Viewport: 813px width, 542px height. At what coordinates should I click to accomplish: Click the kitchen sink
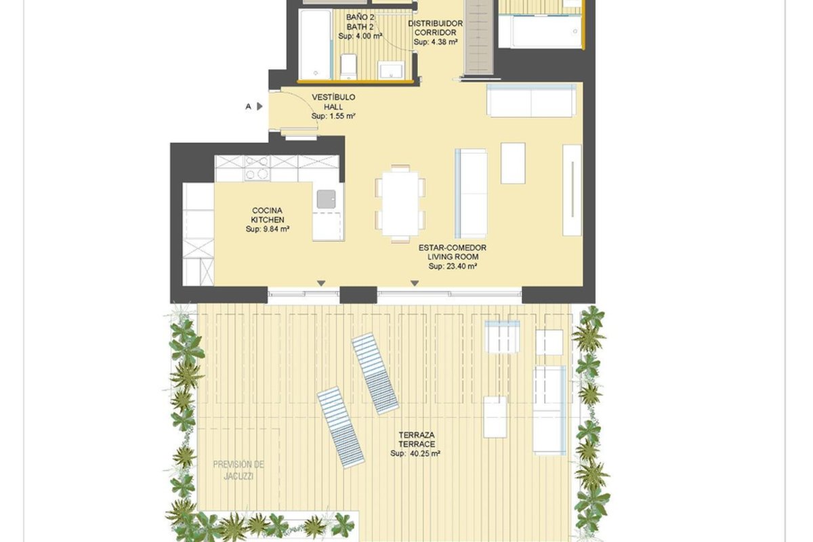(x=326, y=199)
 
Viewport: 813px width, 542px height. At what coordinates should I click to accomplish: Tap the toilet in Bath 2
(x=349, y=67)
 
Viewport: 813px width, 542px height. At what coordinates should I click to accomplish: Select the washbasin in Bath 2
(x=390, y=70)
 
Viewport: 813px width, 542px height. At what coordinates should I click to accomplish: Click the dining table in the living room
(x=400, y=204)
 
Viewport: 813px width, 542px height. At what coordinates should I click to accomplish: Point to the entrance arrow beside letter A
(x=259, y=106)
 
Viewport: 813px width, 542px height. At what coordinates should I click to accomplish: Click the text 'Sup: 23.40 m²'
(x=453, y=266)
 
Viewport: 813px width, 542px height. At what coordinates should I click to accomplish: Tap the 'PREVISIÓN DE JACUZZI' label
(x=238, y=470)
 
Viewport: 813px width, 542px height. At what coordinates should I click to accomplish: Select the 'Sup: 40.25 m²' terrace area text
(x=415, y=453)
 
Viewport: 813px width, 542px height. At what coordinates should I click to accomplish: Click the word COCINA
(x=267, y=211)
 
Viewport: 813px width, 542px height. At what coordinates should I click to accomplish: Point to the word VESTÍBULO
(x=333, y=98)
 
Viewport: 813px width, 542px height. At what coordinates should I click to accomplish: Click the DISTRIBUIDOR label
(x=436, y=24)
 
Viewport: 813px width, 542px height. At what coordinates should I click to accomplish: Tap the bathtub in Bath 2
(x=316, y=44)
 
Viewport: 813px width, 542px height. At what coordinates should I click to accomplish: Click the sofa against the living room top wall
(x=531, y=100)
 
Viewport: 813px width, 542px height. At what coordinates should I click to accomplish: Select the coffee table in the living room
(x=513, y=163)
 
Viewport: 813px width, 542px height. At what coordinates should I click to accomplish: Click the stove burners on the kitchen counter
(x=257, y=168)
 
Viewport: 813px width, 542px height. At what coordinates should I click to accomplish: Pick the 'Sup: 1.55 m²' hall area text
(x=333, y=116)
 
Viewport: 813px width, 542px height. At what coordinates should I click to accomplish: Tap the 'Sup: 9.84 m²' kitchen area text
(x=268, y=229)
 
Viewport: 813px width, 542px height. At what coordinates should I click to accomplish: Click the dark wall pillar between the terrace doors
(x=358, y=295)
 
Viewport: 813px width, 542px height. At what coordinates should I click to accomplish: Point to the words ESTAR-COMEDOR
(x=453, y=247)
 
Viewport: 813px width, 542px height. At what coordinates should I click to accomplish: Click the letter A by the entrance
(x=248, y=106)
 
